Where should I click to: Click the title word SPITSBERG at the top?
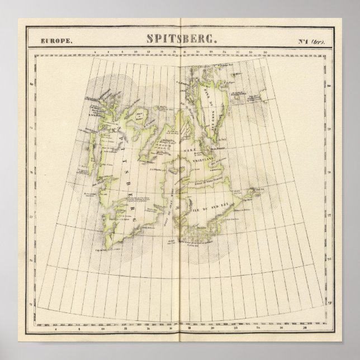tap(179, 40)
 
